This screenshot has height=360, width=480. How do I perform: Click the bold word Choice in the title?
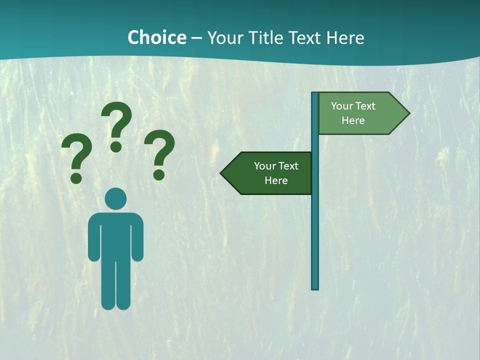click(156, 37)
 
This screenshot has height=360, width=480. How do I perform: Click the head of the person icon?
click(116, 199)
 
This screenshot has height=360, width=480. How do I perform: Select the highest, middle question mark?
click(117, 125)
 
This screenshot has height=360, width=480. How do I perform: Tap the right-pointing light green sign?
click(360, 113)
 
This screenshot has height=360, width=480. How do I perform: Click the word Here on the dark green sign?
click(276, 180)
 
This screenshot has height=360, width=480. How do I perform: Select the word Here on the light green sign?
click(353, 120)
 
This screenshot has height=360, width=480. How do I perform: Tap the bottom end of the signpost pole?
click(315, 287)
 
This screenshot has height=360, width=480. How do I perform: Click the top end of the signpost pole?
click(315, 94)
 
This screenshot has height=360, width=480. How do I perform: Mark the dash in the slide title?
click(196, 38)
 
